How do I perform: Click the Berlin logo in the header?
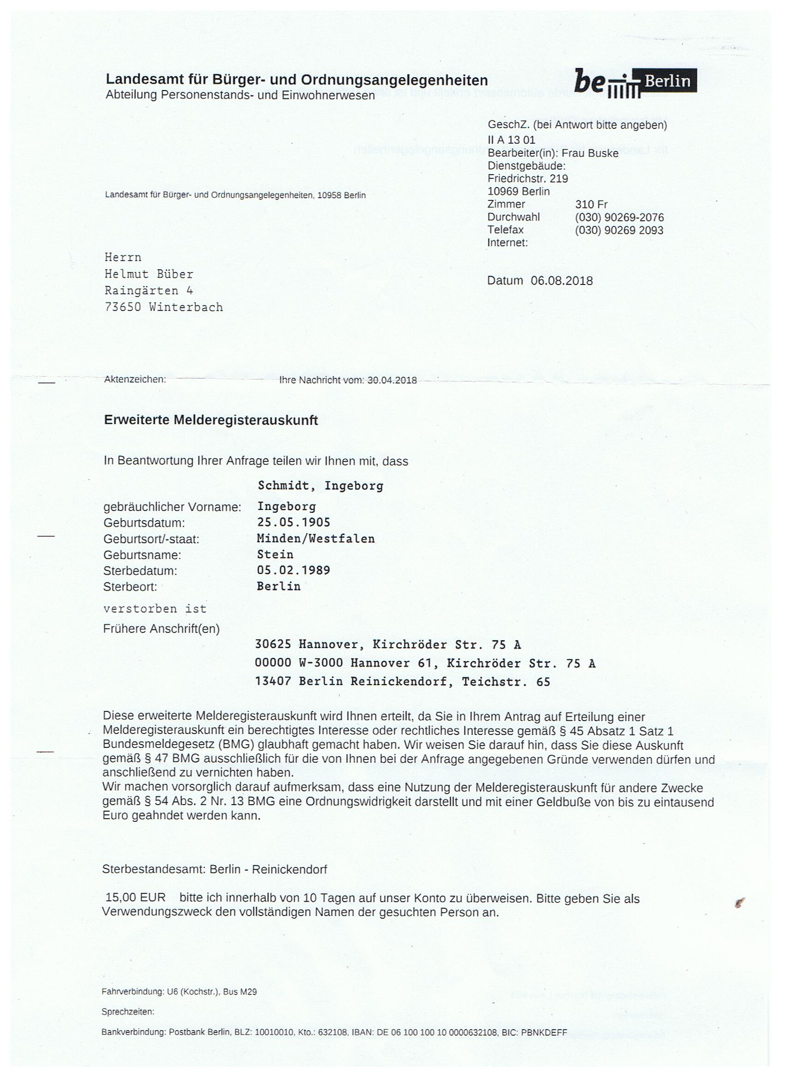[x=635, y=82]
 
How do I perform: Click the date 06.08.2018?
[x=562, y=281]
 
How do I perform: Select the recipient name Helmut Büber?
[x=149, y=274]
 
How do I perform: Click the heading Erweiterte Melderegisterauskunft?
[x=211, y=421]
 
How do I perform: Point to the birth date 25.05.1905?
[x=293, y=522]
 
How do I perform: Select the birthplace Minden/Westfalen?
[x=316, y=538]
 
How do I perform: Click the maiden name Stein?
[x=275, y=554]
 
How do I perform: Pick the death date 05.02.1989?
[x=293, y=571]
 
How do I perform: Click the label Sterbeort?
[x=130, y=587]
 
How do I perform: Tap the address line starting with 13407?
[x=402, y=682]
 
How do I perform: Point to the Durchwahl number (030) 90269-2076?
[x=620, y=217]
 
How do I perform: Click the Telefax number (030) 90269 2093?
[x=619, y=230]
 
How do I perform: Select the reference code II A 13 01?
[x=511, y=140]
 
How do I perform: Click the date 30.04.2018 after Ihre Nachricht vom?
[x=392, y=380]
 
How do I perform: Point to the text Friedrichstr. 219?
[x=528, y=178]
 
